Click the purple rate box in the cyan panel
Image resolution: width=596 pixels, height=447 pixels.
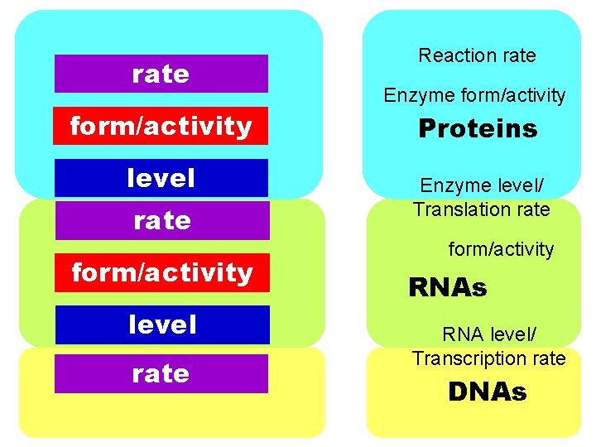coord(161,74)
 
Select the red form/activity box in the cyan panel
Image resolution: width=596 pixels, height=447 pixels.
coord(161,126)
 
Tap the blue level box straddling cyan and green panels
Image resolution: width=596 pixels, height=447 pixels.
coord(161,178)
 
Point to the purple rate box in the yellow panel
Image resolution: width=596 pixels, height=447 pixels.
coord(161,373)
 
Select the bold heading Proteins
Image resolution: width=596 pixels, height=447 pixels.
coord(478,128)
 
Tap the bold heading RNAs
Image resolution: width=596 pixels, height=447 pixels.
coord(448,287)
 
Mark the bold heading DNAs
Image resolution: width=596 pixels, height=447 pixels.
coord(487,392)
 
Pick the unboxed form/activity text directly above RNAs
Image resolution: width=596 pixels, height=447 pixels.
coord(501,248)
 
